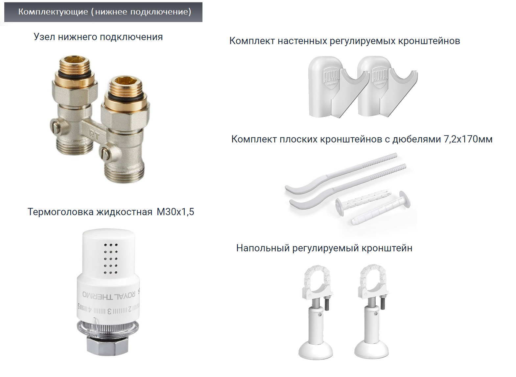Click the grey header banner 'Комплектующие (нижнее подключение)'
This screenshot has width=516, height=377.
pos(104,12)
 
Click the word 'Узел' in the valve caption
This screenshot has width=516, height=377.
pos(44,37)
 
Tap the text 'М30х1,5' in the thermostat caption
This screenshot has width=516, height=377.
pos(175,212)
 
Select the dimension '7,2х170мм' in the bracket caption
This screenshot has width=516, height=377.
pos(468,139)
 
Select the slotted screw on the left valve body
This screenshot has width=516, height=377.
pos(56,126)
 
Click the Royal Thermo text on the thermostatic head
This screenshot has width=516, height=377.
pos(108,295)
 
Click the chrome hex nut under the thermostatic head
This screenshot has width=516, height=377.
pos(107,347)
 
